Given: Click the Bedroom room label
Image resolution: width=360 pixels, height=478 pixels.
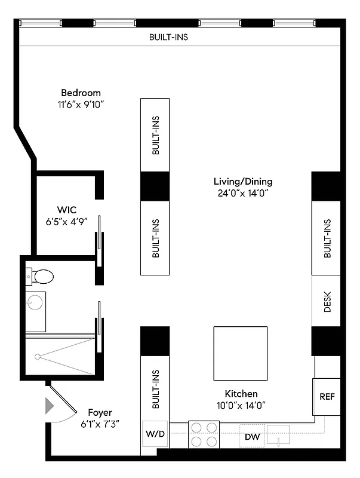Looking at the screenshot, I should pos(81,93).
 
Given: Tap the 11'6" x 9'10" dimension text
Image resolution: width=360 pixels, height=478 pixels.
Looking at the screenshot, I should pos(81,104).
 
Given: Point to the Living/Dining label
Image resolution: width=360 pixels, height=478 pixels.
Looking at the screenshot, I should pos(243,182).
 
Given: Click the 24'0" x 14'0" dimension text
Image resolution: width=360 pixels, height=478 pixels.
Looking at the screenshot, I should pos(243,193).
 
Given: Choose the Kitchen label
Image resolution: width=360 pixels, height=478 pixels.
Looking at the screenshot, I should pos(241,394).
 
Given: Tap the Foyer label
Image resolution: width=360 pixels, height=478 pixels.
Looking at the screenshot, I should pos(100,412).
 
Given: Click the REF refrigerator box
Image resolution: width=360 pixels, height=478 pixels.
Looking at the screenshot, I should pos(327,397).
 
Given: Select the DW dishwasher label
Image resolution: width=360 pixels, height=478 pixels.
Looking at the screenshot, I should pos(253,437).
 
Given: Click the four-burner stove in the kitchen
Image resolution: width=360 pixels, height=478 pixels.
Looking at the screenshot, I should pos(204,434).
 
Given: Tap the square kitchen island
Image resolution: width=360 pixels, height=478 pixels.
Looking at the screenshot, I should pos(240,353).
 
